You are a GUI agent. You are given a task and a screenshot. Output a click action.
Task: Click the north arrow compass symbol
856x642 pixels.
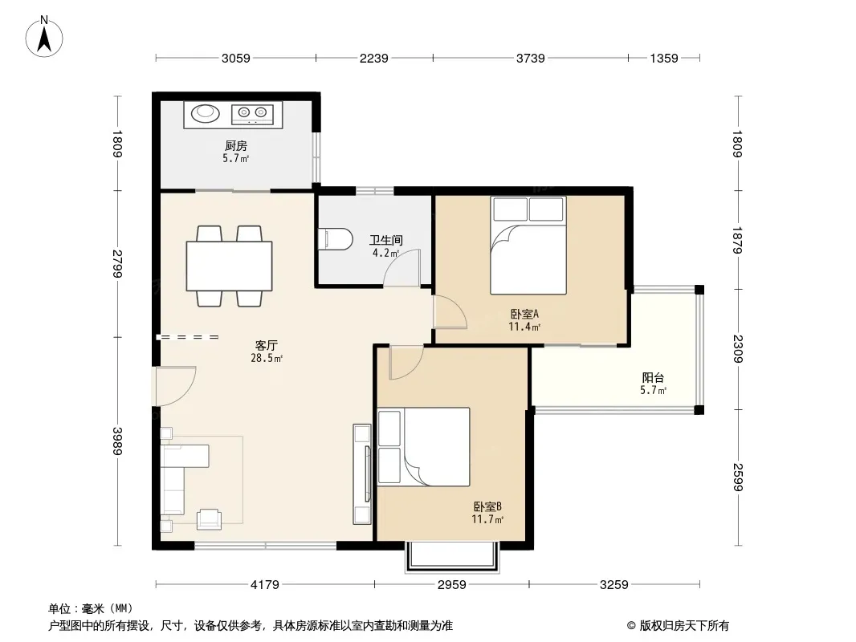click(44, 37)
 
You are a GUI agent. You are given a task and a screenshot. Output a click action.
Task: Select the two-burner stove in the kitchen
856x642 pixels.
click(252, 113)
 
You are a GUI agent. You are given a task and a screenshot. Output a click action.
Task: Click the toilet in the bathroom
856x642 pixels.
click(336, 239)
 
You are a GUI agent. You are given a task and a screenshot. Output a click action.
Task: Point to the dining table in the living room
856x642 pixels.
click(230, 266)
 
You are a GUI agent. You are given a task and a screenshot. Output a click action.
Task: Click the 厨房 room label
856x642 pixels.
click(236, 145)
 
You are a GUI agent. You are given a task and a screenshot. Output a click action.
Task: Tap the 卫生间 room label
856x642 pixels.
click(386, 240)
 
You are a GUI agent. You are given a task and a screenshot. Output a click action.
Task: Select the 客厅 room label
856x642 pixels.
click(267, 345)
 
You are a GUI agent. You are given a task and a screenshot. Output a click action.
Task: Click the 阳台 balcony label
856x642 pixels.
click(653, 377)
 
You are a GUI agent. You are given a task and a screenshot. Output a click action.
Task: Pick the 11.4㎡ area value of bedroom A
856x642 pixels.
click(524, 327)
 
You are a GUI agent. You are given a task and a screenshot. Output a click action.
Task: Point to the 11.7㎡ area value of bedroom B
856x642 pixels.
click(487, 519)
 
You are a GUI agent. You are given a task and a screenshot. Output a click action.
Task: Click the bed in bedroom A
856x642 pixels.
click(528, 246)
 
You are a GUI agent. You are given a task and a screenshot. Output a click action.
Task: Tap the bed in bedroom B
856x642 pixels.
click(424, 447)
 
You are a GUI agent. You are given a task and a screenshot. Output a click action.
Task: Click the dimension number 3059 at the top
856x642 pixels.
click(236, 58)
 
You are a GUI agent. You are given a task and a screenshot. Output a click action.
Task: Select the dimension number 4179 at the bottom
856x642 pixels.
click(265, 585)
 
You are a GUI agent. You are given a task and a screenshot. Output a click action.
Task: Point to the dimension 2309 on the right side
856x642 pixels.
click(738, 349)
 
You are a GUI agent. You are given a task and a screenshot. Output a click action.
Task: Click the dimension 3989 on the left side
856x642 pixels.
click(117, 441)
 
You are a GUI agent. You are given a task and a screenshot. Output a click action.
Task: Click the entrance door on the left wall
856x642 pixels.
click(175, 387)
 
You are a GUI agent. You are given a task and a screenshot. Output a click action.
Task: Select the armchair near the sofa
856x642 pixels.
click(209, 518)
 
